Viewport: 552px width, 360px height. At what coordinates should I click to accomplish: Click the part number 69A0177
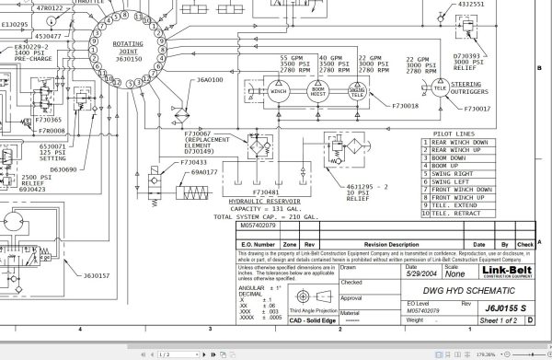tap(204, 172)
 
